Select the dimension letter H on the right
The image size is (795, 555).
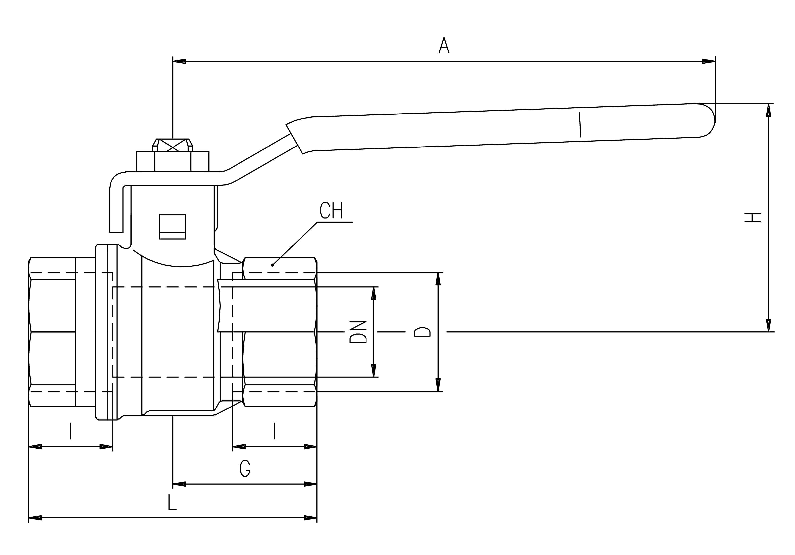coord(753,217)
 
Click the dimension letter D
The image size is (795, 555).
coord(422,332)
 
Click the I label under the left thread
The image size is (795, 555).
coord(70,431)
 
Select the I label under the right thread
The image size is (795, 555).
coord(275,431)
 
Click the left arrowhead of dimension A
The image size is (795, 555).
coord(179,61)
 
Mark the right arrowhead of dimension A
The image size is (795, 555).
coord(708,61)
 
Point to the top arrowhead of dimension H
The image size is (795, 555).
coord(768,110)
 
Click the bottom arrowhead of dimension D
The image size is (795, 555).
coord(438,385)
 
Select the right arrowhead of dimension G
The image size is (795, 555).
coord(310,484)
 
